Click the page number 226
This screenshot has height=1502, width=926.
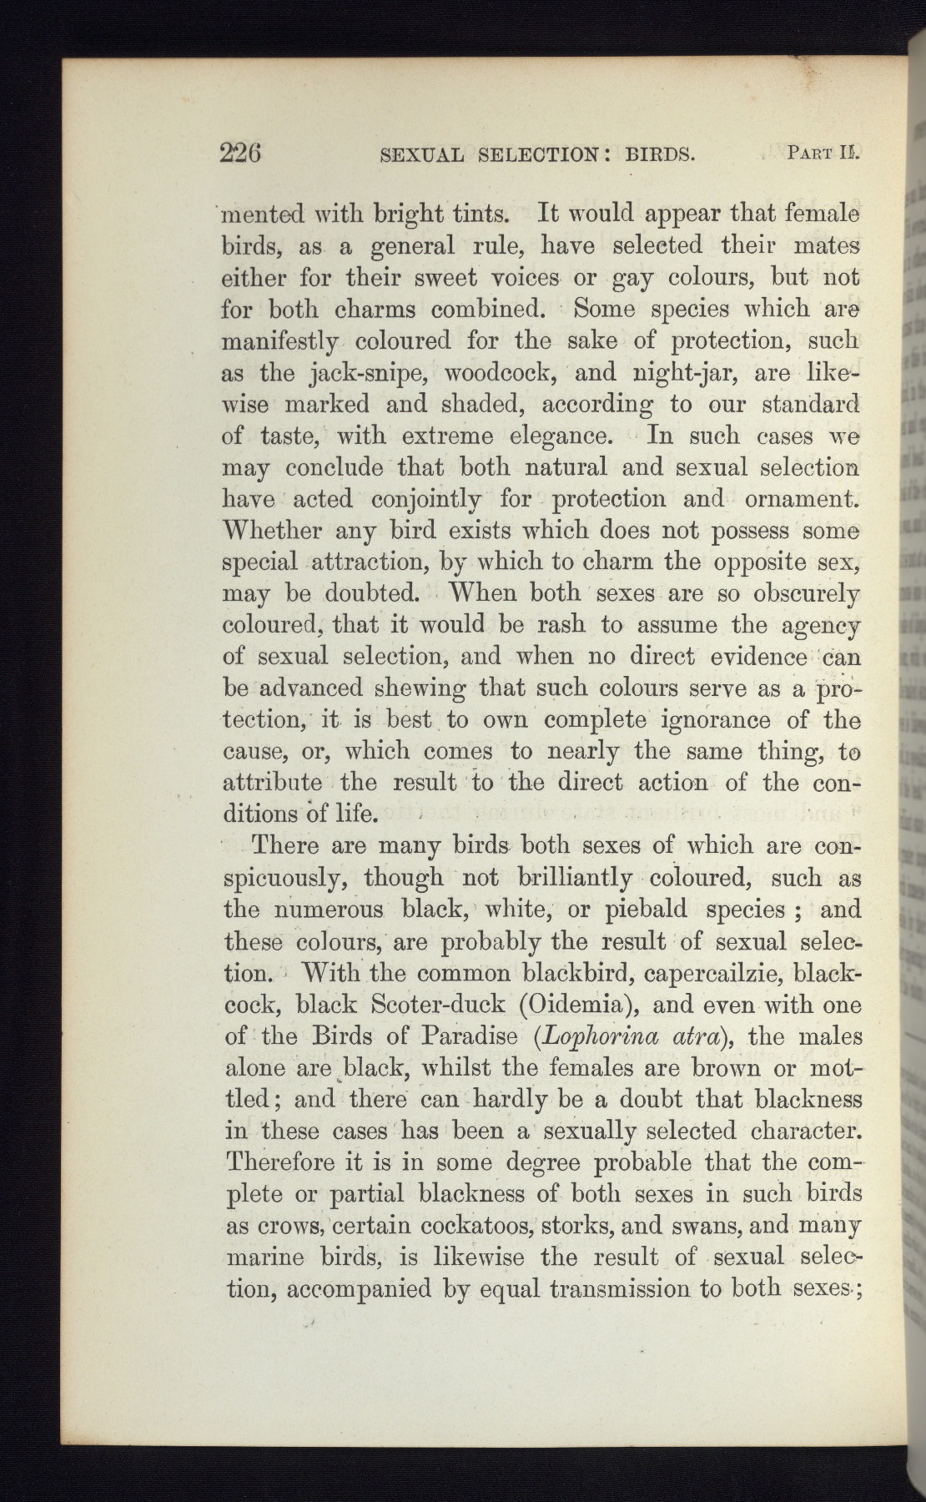242,154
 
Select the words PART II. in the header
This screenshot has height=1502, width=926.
822,154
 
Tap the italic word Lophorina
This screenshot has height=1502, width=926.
593,1037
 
